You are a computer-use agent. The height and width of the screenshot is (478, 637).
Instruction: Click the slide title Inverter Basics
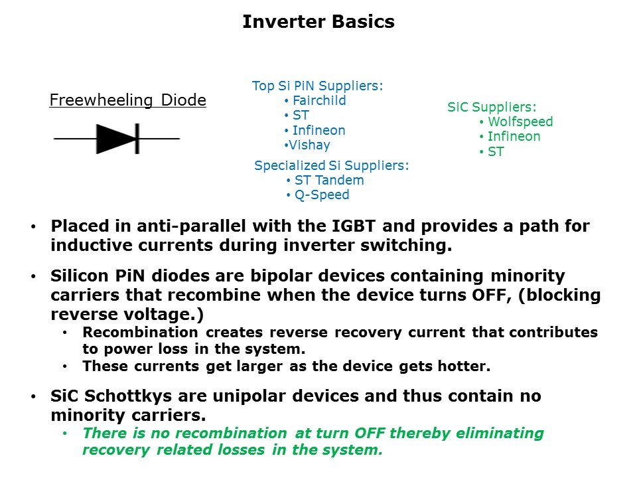pos(318,21)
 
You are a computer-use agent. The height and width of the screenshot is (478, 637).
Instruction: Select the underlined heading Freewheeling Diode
pos(128,100)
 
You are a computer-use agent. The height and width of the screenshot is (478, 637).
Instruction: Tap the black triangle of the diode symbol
pos(115,139)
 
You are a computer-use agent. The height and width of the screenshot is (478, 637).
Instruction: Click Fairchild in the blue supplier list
pos(319,100)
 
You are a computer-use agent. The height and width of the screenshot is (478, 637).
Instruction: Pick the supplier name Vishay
pos(310,145)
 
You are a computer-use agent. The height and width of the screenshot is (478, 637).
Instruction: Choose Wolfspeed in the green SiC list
pos(520,121)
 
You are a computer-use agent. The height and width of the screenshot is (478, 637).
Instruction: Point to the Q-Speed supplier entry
pos(322,195)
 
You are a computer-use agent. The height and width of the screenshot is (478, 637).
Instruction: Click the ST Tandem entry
pos(329,180)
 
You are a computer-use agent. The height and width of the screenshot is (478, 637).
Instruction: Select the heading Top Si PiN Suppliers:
pos(317,86)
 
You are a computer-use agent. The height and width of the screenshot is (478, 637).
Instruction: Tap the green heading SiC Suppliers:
pos(492,107)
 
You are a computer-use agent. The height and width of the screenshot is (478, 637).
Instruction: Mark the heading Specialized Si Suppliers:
pos(332,165)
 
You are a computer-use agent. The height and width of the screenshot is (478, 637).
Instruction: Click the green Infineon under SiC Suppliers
pos(514,137)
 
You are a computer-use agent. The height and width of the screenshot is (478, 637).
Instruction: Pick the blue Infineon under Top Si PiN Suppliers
pos(319,131)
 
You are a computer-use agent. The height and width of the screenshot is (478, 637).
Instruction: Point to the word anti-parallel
pos(191,226)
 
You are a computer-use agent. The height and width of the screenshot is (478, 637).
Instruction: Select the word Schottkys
pos(128,396)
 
